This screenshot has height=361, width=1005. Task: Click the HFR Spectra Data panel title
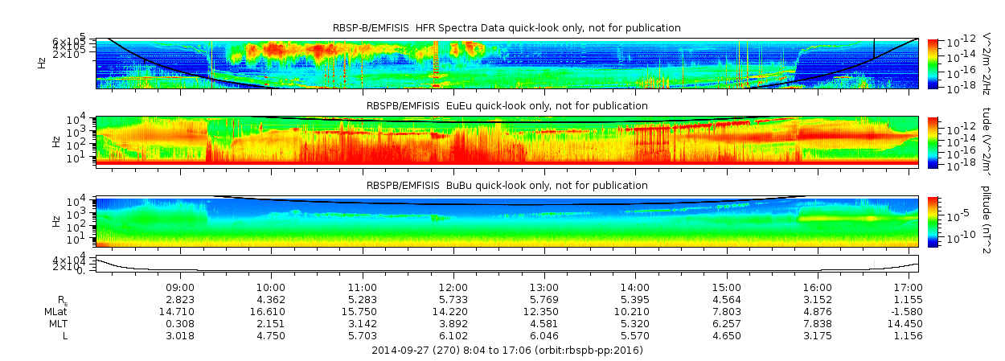pyautogui.click(x=507, y=28)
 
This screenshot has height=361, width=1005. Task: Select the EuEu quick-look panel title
pyautogui.click(x=507, y=106)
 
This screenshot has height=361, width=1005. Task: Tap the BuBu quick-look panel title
pyautogui.click(x=507, y=186)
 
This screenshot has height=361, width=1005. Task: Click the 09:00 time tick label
pyautogui.click(x=180, y=287)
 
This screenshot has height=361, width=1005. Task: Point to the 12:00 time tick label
pyautogui.click(x=453, y=287)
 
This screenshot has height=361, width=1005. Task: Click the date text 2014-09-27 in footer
pyautogui.click(x=401, y=351)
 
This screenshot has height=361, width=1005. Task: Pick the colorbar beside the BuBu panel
pyautogui.click(x=933, y=221)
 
